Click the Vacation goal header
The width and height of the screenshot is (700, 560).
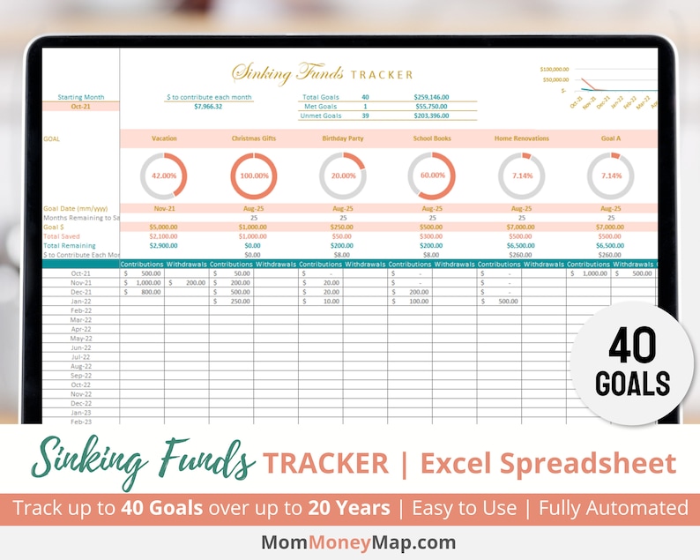tap(164, 138)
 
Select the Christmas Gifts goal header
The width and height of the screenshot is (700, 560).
tap(253, 138)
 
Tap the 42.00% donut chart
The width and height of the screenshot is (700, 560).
tap(164, 175)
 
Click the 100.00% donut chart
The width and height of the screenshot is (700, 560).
tap(253, 175)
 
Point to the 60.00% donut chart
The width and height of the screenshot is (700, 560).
tap(432, 175)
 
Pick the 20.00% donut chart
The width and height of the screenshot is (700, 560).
tap(343, 175)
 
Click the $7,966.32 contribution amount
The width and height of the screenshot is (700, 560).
tap(208, 107)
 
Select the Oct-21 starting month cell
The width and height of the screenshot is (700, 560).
tap(81, 107)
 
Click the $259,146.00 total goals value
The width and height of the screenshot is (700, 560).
tap(432, 97)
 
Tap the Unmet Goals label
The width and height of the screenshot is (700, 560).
tap(321, 116)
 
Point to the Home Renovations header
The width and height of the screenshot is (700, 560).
tap(521, 138)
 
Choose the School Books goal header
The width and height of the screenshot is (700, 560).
tap(432, 138)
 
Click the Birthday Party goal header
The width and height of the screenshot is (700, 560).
tap(343, 138)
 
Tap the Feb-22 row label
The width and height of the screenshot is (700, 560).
tap(81, 310)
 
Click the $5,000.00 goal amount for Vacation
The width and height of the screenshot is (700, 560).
tap(164, 227)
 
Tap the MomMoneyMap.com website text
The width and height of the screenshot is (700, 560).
tap(350, 541)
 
